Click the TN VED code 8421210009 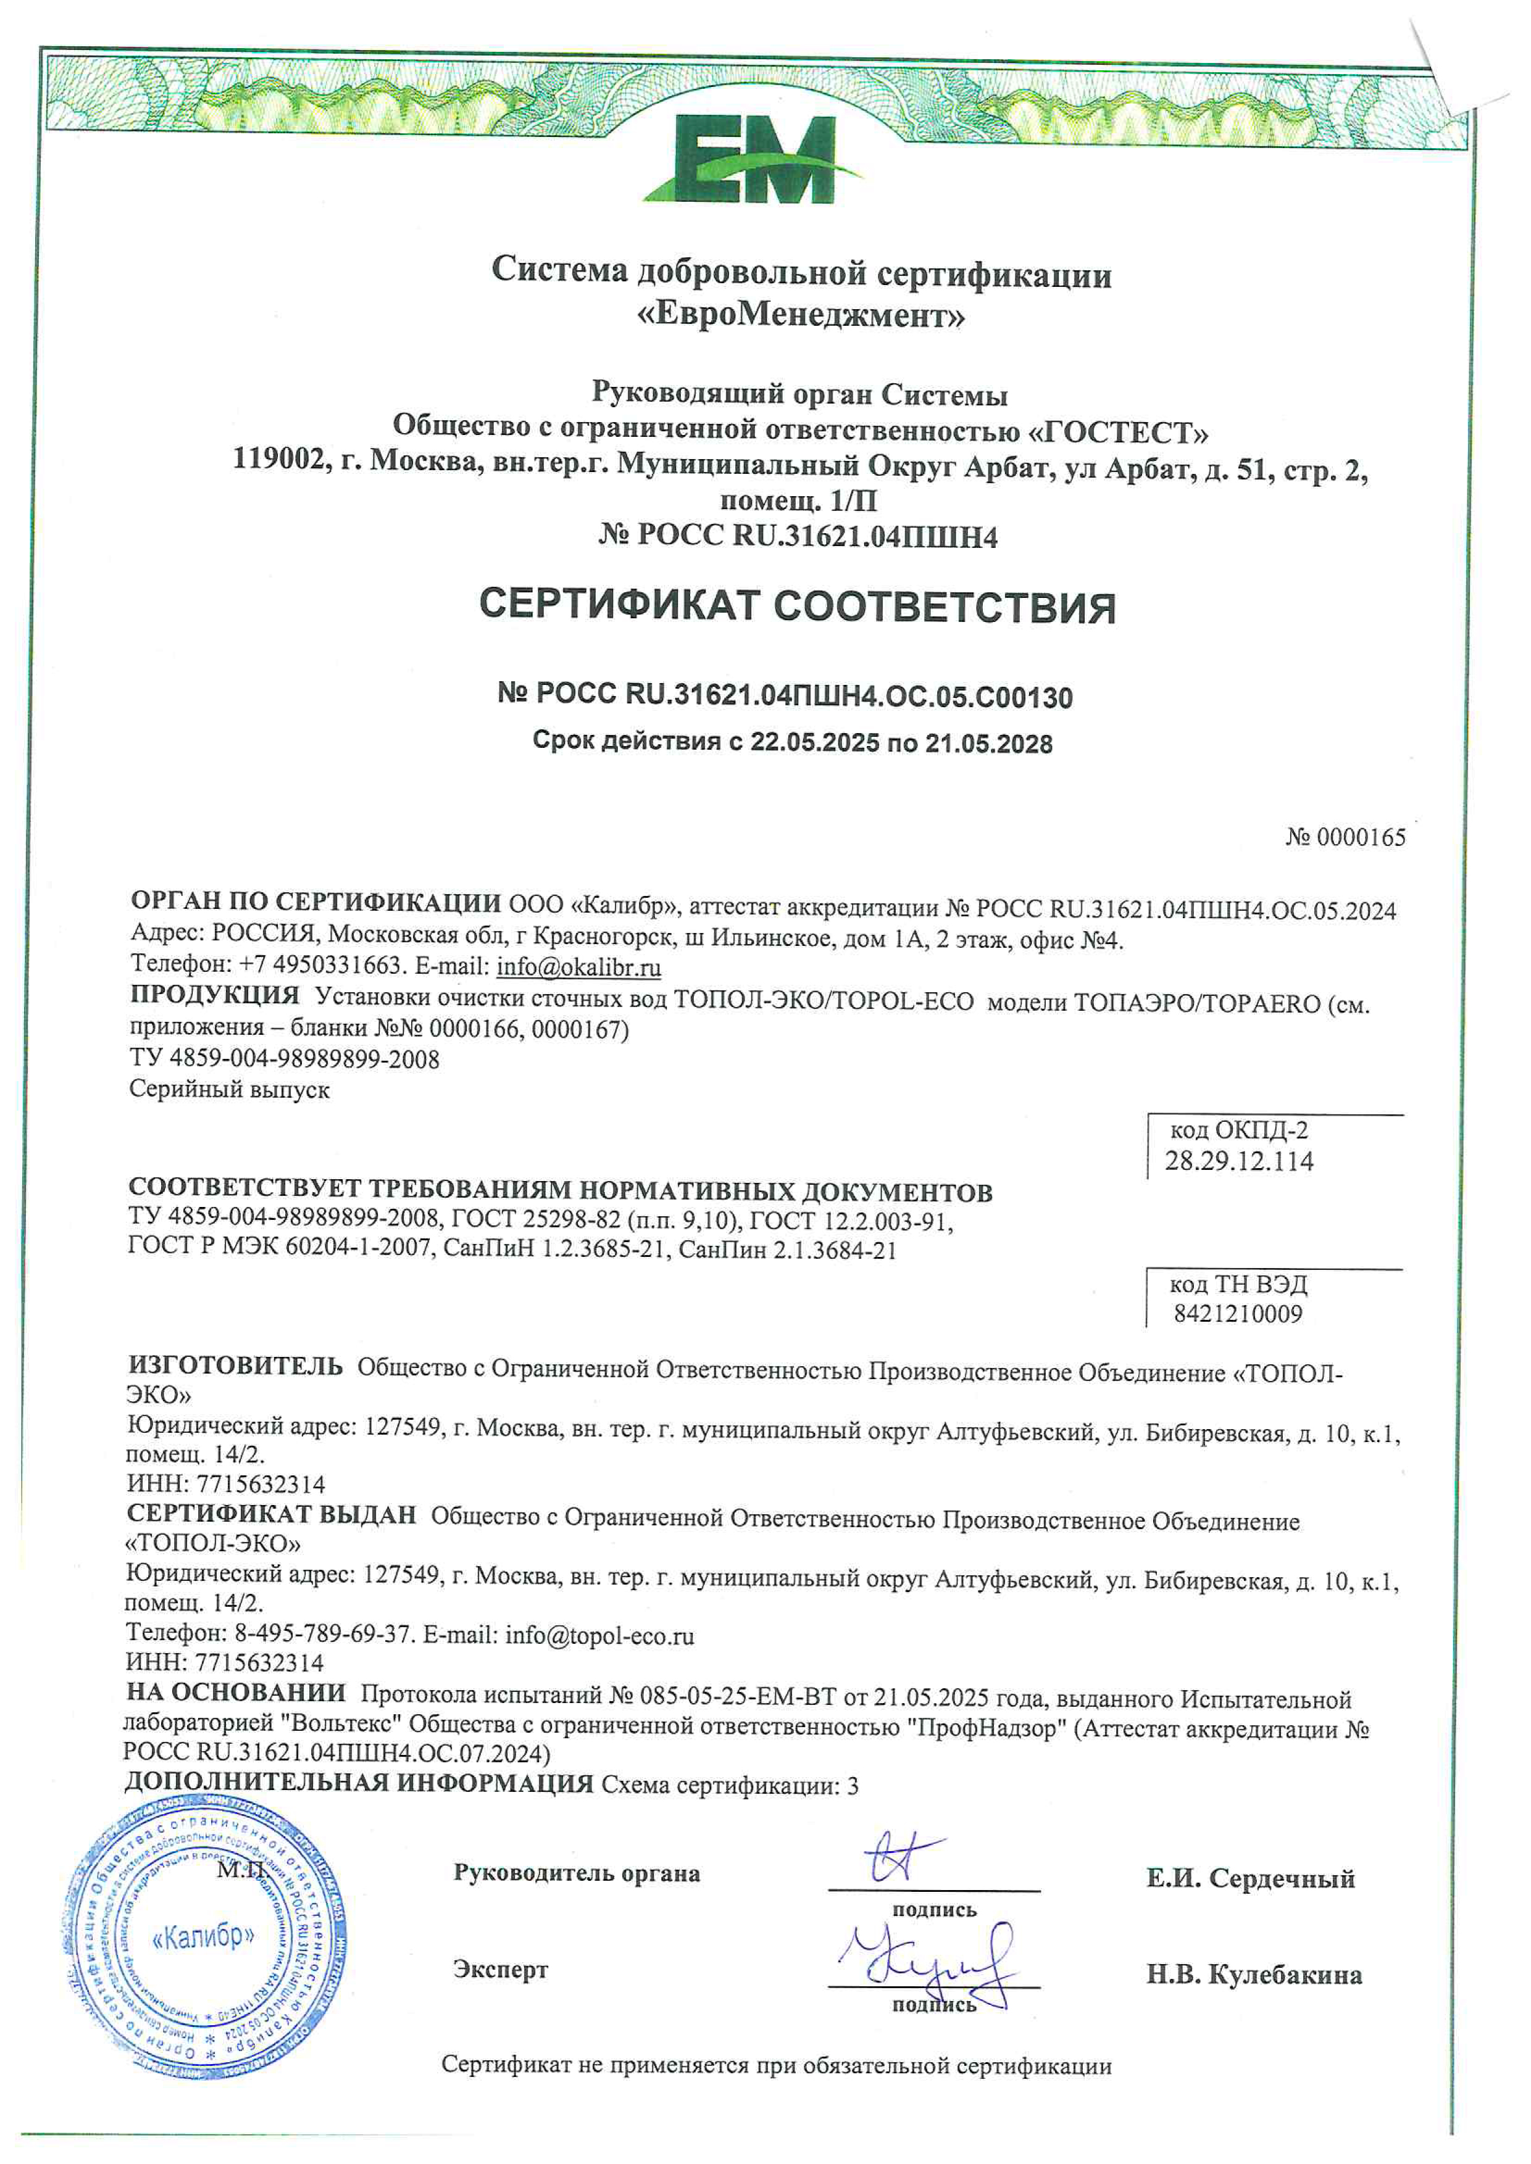tap(1238, 1313)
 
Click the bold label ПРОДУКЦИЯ tap(214, 995)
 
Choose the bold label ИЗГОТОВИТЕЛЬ tap(235, 1367)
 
